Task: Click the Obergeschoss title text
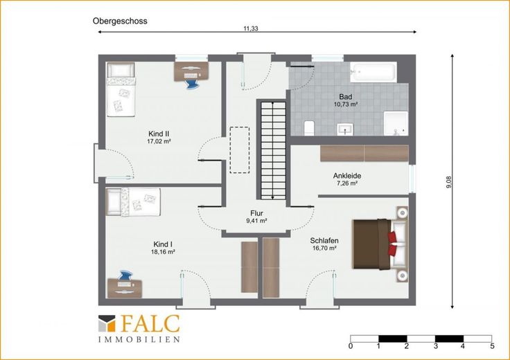[120, 21]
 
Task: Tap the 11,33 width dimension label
[251, 28]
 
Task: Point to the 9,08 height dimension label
[449, 182]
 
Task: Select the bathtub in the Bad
[373, 72]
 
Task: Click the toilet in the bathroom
[309, 127]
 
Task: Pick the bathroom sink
[345, 129]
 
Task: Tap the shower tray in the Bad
[396, 123]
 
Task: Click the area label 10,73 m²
[346, 105]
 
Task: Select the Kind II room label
[159, 134]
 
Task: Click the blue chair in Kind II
[191, 84]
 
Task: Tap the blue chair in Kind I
[126, 276]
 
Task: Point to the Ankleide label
[347, 176]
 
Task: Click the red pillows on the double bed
[393, 244]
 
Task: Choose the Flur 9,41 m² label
[256, 217]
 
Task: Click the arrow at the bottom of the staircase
[272, 196]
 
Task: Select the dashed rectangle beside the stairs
[240, 150]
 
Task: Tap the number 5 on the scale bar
[492, 345]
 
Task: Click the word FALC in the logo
[150, 323]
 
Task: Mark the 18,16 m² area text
[164, 252]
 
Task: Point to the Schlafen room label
[324, 241]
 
